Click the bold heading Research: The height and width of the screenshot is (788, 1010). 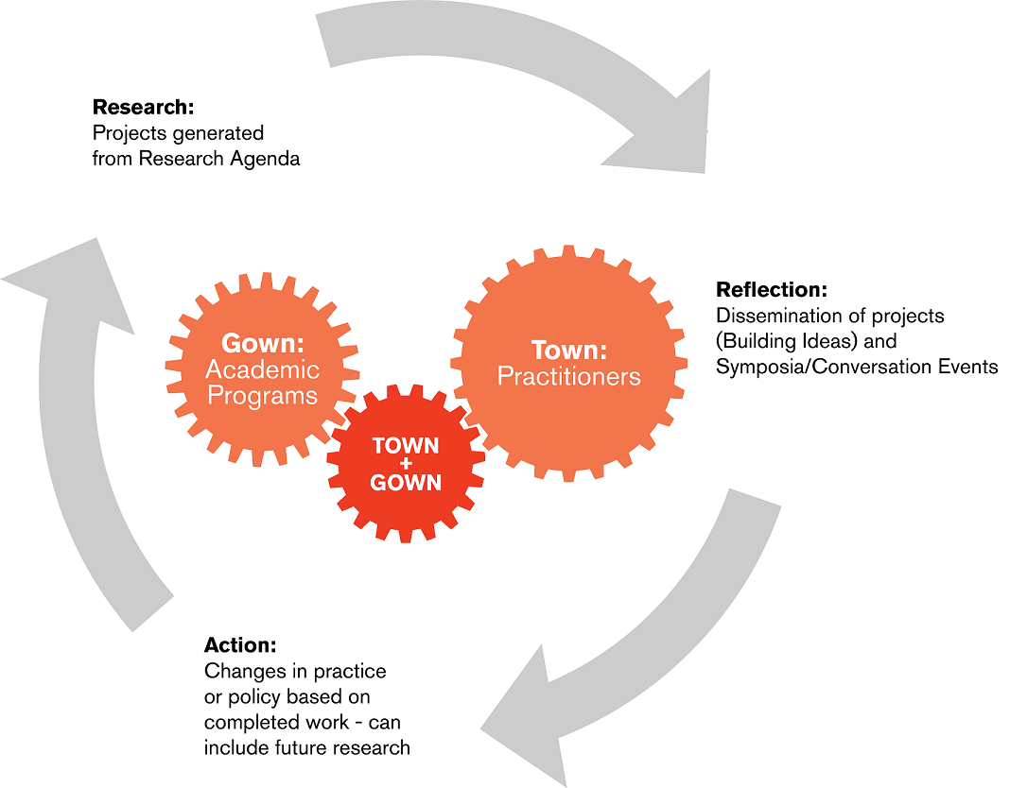(x=143, y=107)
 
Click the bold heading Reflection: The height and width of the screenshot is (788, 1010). (x=772, y=289)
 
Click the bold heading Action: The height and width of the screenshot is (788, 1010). (x=240, y=645)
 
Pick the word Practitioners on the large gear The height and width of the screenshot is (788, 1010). (x=569, y=377)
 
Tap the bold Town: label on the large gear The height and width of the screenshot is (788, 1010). (x=569, y=351)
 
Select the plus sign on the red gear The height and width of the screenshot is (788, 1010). (x=406, y=464)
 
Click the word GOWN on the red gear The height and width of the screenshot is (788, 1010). (x=406, y=483)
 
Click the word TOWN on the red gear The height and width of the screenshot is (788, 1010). (x=406, y=445)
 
